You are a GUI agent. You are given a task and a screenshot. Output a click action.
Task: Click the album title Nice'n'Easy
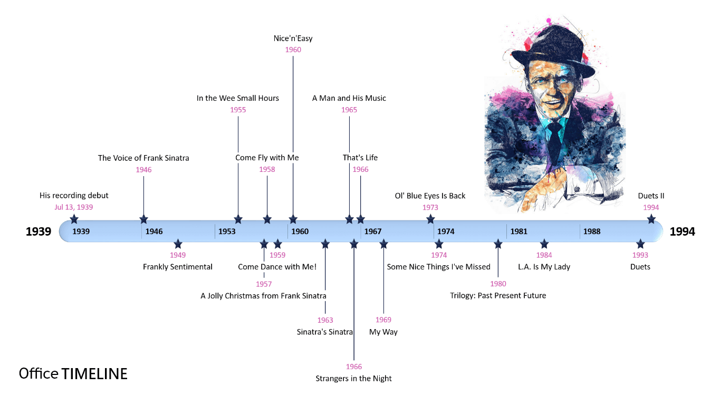(293, 38)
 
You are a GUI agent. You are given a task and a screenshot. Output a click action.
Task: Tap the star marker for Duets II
(651, 219)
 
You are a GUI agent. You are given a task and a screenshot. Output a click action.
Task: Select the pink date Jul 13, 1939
(74, 207)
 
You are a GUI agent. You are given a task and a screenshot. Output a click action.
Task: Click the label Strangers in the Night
(353, 379)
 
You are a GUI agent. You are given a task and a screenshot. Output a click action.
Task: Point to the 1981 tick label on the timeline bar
(519, 232)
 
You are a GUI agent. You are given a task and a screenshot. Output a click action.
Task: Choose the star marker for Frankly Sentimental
(178, 244)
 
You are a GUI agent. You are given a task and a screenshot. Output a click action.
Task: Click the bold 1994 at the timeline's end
(682, 232)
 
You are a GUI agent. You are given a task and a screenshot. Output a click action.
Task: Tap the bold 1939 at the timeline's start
(39, 232)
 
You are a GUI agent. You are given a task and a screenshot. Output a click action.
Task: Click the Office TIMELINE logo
(73, 374)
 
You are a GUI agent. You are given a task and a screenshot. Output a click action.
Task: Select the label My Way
(383, 332)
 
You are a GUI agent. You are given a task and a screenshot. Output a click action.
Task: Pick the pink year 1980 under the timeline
(498, 284)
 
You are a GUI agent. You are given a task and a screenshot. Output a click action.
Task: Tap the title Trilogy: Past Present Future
(498, 296)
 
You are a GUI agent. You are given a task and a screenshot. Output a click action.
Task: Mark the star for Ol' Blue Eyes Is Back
(430, 219)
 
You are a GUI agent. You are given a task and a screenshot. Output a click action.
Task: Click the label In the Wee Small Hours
(238, 98)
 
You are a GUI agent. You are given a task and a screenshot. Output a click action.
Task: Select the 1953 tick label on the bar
(227, 232)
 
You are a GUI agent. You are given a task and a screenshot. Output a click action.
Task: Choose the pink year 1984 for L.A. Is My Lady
(544, 255)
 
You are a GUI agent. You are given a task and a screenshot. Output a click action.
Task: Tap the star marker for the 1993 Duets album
(640, 244)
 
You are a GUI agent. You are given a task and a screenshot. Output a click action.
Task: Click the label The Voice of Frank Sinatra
(143, 158)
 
